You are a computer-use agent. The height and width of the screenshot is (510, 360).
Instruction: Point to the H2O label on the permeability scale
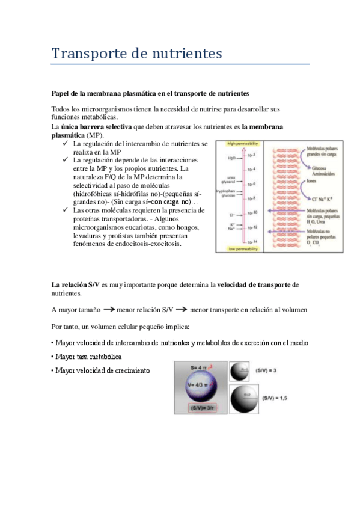tap(231, 158)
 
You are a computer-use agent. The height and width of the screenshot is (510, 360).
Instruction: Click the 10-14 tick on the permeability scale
tap(253, 241)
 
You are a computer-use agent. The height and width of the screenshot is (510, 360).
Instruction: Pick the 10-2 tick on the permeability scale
tap(253, 156)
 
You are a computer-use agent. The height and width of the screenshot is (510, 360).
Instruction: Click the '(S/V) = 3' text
tap(268, 371)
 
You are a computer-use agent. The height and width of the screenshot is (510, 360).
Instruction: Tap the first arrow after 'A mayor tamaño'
tap(109, 309)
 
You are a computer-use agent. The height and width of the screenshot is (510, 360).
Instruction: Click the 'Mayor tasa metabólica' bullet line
tap(82, 357)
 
